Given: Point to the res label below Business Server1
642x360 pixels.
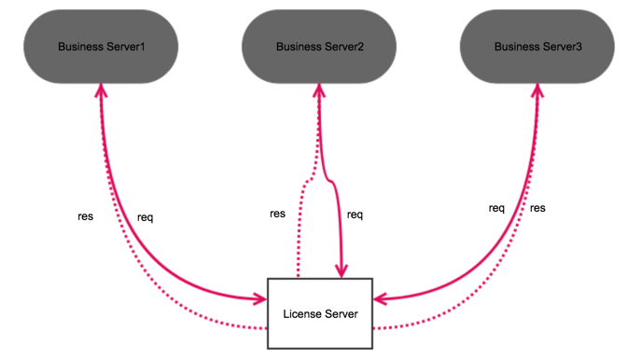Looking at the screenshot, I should click(85, 215).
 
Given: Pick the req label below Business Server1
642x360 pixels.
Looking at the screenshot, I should click(145, 218).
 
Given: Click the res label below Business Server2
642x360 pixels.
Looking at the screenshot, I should click(277, 214).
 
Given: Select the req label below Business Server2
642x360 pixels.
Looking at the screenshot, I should click(355, 215).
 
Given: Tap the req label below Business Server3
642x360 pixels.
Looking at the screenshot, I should click(496, 208).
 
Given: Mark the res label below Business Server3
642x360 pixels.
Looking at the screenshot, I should click(537, 208).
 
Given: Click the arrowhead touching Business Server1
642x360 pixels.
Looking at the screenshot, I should click(100, 86).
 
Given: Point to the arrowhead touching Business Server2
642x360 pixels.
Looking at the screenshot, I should click(319, 86).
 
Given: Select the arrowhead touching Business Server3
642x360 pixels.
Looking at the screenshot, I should click(538, 86).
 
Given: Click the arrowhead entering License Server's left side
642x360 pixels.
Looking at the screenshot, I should click(259, 299).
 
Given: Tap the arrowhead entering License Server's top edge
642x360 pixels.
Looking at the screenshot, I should click(342, 270).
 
